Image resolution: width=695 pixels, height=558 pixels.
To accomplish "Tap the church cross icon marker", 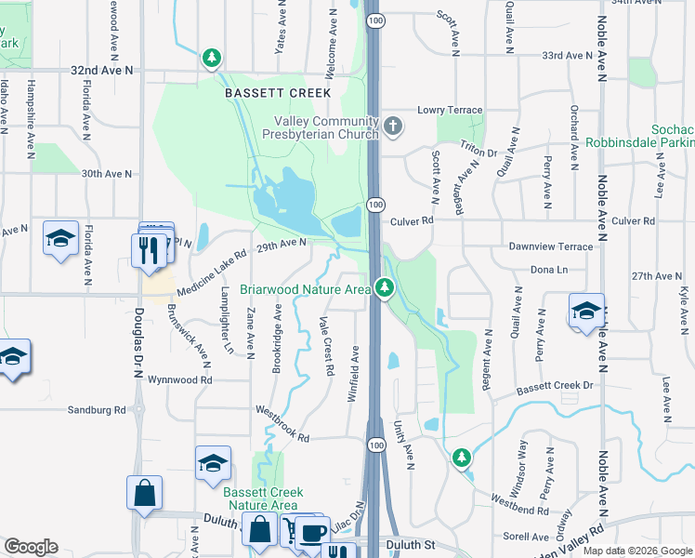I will coord(393,126).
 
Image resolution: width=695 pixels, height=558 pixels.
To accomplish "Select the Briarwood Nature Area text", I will coord(305,289).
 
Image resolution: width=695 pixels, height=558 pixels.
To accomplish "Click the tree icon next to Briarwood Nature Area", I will coord(383,287).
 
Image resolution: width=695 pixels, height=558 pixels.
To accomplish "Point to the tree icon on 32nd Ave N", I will coord(213,59).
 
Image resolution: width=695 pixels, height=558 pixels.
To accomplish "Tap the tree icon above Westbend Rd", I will coord(462,457).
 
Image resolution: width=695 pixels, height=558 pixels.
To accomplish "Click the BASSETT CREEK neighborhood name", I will coord(264,93).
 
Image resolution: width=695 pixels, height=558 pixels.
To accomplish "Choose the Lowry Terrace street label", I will coord(450,110).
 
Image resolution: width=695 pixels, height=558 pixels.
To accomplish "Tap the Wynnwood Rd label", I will coord(180,379).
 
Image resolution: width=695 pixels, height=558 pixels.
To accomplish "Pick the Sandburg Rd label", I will coord(96,409).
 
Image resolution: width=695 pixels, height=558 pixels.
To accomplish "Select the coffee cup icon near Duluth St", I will coord(312,531).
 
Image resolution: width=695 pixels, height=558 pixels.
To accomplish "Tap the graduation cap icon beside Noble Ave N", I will coord(587,311).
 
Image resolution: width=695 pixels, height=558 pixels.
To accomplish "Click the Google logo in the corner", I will coord(31,547).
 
